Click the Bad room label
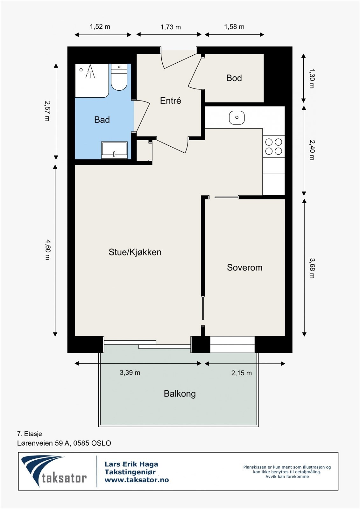[102, 120]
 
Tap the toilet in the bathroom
[119, 78]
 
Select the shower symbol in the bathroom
[90, 72]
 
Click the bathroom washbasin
[114, 150]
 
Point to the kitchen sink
[237, 117]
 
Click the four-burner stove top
[274, 146]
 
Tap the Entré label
[170, 101]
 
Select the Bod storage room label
[234, 78]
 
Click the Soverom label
[244, 268]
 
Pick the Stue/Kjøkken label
[135, 252]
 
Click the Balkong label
[180, 394]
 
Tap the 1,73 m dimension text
[171, 27]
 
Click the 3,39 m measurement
[130, 373]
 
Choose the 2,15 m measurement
[241, 373]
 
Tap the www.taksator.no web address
[137, 480]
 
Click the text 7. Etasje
[30, 434]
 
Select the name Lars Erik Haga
[131, 464]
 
